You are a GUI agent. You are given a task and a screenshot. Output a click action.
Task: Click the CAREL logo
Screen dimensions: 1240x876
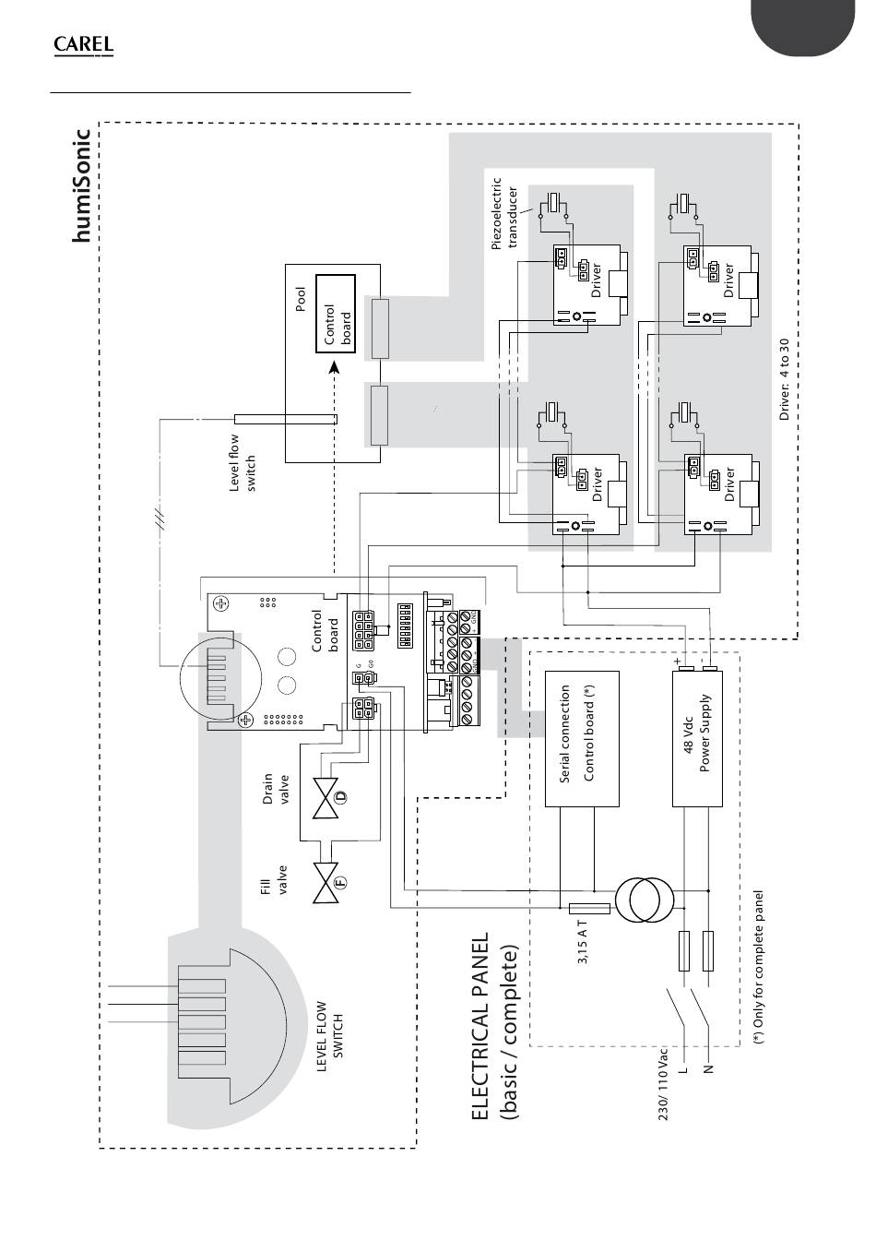click(84, 45)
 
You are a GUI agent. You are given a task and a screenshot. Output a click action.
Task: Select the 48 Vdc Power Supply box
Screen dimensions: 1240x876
click(697, 738)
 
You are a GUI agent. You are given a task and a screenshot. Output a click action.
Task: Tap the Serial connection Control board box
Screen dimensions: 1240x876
click(582, 738)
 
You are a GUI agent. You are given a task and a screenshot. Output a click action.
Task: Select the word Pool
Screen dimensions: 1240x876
click(301, 302)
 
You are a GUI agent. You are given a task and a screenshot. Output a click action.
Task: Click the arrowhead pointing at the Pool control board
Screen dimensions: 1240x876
click(333, 369)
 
